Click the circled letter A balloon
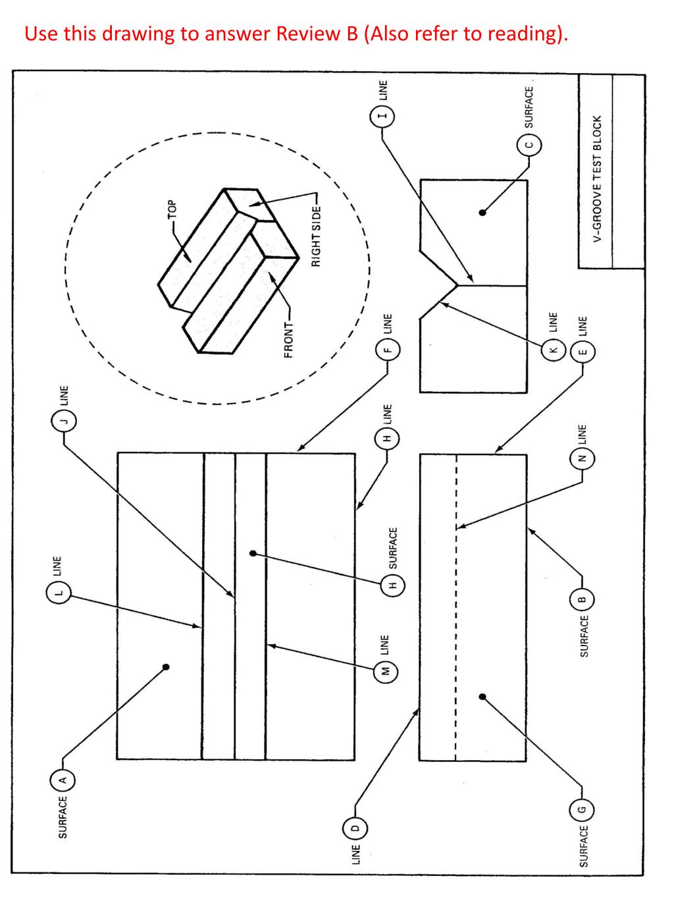(63, 780)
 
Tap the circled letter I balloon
(382, 117)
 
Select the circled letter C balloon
(529, 145)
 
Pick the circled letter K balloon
(553, 349)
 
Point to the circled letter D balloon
(355, 828)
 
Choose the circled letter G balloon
(582, 808)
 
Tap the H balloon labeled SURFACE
(393, 584)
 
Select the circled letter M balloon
(386, 670)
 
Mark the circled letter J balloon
(64, 420)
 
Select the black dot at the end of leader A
(166, 667)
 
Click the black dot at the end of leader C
(482, 213)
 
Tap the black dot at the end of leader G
(482, 696)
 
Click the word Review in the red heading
(308, 34)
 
